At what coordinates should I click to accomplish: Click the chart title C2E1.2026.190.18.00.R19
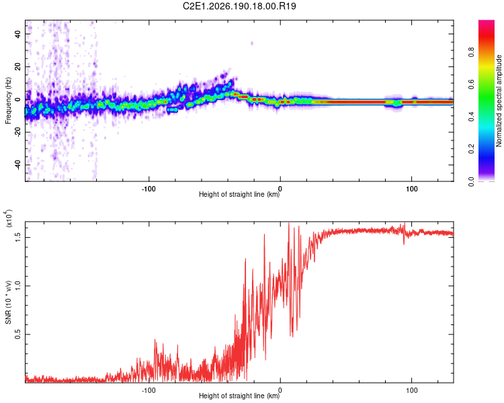pos(239,6)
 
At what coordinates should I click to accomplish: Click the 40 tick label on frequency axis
pos(18,34)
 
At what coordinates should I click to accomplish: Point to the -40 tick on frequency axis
pos(18,165)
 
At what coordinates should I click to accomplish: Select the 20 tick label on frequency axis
pos(18,66)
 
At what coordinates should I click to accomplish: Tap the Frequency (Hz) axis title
pos(8,101)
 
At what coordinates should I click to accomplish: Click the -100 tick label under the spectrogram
pos(149,189)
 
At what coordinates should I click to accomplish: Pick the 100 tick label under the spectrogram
pos(411,189)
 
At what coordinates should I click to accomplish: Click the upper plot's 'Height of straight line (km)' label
pos(239,194)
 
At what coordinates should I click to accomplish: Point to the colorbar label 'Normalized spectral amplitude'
pos(499,101)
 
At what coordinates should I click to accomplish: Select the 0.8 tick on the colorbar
pos(471,52)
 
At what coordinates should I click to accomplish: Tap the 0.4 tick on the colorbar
pos(471,117)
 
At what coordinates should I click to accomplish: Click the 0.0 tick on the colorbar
pos(471,181)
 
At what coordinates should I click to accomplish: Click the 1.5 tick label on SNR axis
pos(18,238)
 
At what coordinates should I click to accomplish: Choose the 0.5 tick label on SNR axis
pos(18,334)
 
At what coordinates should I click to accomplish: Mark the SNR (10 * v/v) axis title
pos(8,302)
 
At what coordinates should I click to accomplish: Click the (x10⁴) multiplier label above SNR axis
pos(9,218)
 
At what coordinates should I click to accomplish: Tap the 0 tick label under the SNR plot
pos(280,390)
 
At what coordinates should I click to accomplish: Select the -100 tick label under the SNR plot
pos(149,390)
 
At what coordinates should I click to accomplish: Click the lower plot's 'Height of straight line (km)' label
pos(239,396)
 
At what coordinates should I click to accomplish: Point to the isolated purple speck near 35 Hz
pos(252,43)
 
